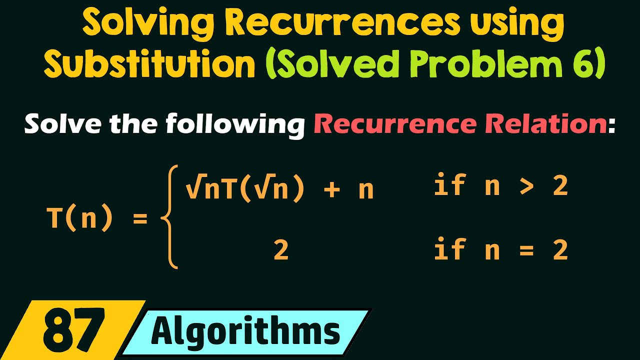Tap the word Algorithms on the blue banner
click(245, 331)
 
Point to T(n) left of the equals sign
click(79, 218)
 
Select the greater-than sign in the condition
click(525, 187)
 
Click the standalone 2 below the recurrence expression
click(281, 250)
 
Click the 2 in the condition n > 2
click(560, 186)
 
